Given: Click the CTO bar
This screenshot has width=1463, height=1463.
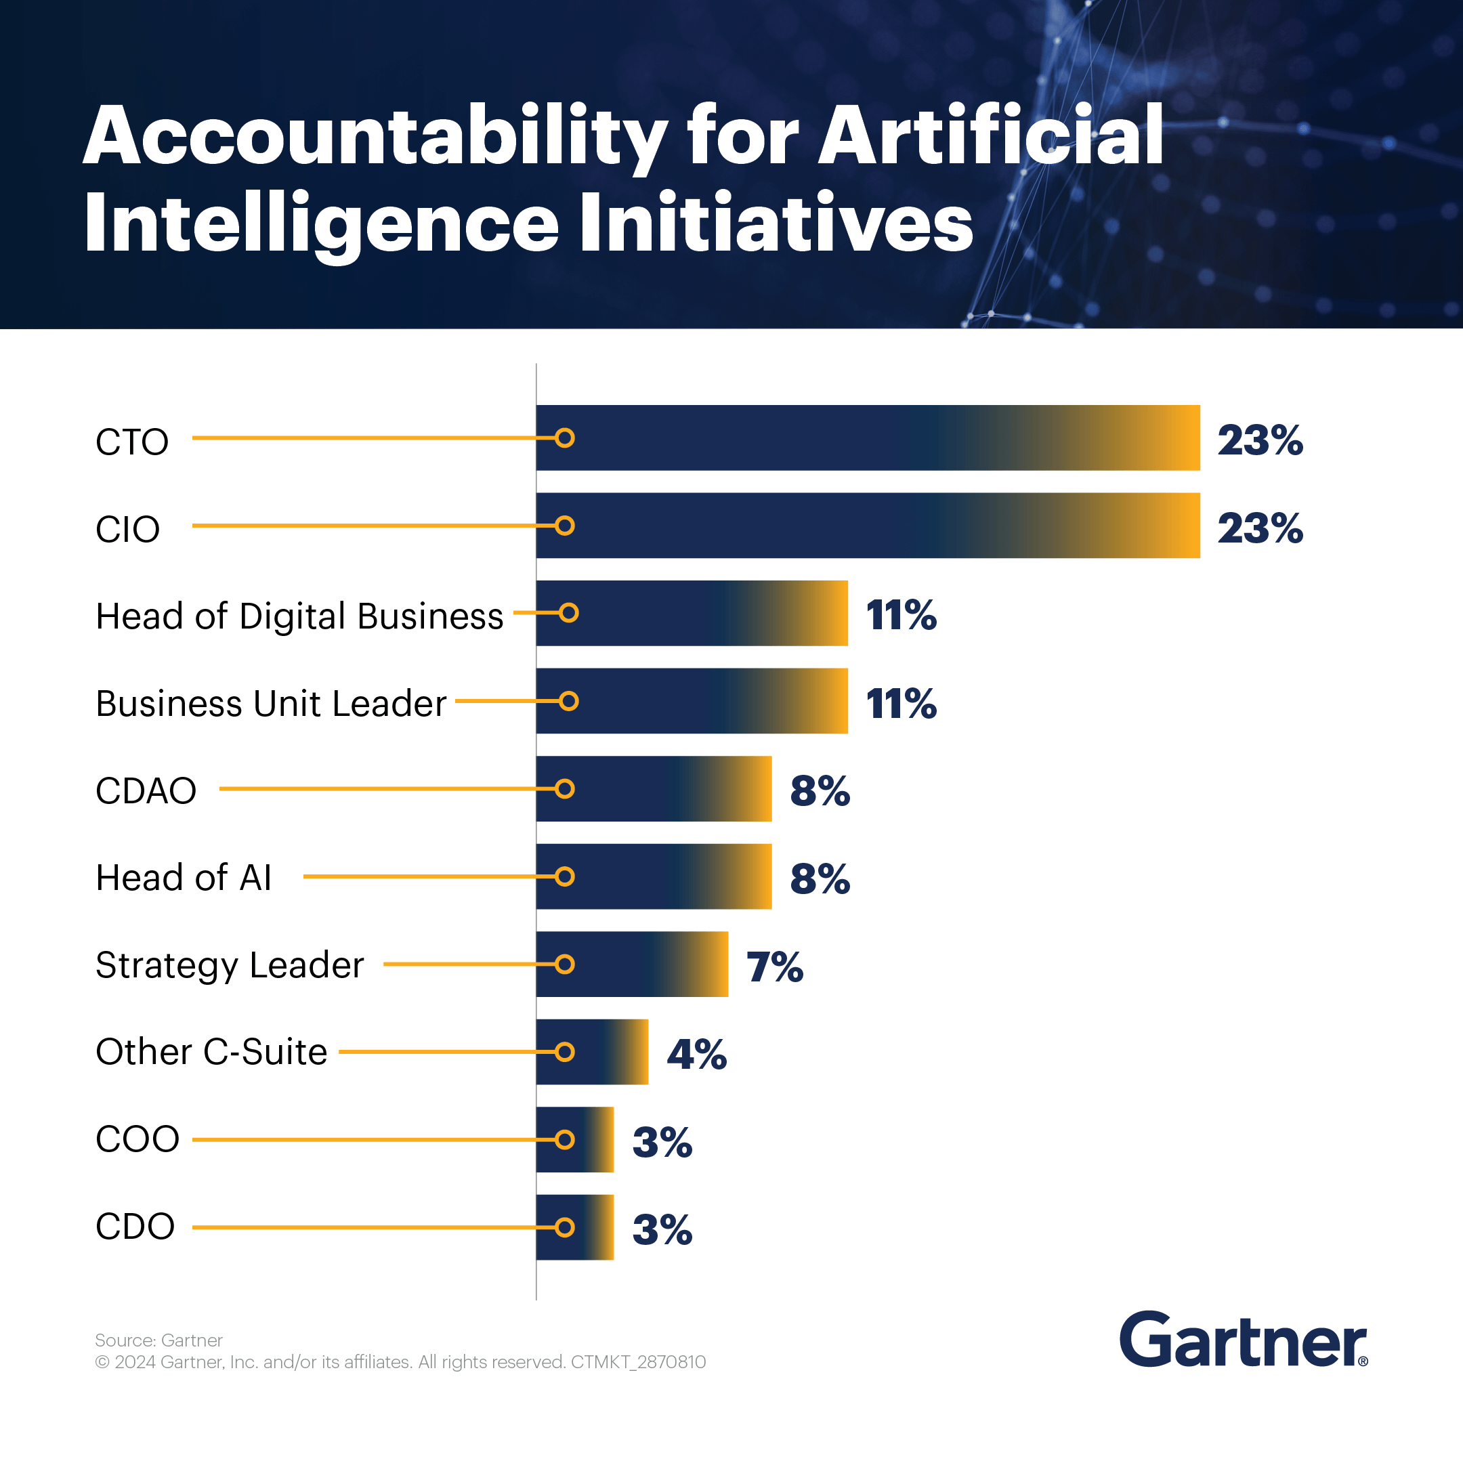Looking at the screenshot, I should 868,438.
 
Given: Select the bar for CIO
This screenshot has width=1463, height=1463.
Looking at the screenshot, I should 868,526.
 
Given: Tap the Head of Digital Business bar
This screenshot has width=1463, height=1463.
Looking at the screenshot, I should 692,614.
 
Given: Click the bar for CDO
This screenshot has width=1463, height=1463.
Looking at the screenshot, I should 575,1227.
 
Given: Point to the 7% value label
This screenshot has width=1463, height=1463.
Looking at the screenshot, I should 775,967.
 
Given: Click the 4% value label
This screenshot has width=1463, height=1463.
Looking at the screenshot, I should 697,1054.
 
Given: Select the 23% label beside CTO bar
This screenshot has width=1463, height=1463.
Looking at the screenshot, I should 1260,440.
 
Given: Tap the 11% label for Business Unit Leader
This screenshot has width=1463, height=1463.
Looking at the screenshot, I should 901,704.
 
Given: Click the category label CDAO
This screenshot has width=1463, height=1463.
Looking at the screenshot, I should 146,790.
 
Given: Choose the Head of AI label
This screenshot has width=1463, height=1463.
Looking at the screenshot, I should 184,878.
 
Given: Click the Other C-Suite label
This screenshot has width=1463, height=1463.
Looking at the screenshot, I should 211,1052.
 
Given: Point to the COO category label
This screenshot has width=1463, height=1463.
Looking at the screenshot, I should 137,1139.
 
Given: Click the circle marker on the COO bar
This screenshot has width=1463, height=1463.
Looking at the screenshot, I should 564,1140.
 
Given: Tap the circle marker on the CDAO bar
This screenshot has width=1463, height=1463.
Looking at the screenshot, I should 564,789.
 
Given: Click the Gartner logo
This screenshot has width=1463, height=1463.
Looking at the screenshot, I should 1244,1340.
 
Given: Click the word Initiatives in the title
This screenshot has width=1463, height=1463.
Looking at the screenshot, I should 776,223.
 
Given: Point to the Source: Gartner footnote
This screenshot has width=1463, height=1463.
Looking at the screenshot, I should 159,1340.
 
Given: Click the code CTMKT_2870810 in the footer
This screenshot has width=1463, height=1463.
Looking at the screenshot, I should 638,1362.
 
